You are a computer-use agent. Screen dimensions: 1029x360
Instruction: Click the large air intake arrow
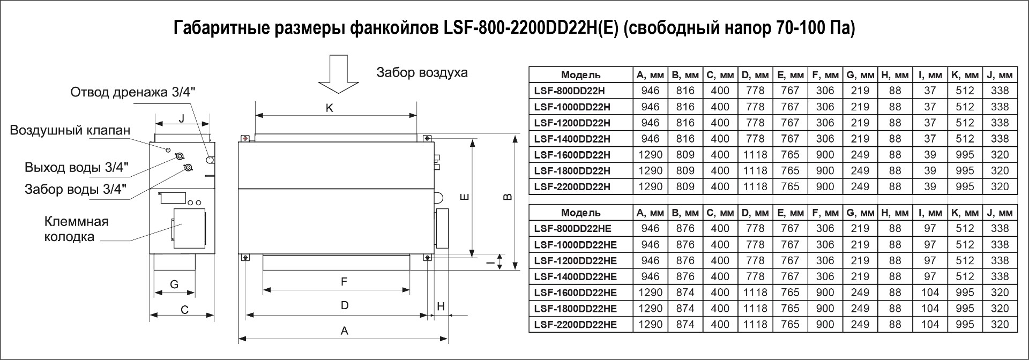tap(338, 74)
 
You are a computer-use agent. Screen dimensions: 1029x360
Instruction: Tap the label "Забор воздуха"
tap(422, 72)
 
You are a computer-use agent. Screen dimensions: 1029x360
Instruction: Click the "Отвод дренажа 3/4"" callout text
tap(133, 92)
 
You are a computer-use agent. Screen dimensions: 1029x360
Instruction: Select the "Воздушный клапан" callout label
tap(70, 131)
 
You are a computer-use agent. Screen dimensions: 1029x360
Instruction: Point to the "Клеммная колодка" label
tap(76, 229)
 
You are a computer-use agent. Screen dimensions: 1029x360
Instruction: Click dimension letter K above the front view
tap(330, 108)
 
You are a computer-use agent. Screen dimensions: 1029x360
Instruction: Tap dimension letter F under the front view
tap(344, 282)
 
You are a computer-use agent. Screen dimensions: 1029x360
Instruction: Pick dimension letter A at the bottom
tap(344, 331)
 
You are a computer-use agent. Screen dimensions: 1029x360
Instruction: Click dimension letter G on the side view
tap(174, 284)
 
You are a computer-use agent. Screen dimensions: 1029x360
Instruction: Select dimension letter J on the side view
tap(182, 118)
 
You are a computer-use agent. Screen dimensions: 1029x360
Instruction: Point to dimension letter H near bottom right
tap(441, 306)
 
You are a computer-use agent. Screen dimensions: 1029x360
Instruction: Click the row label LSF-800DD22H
tap(572, 91)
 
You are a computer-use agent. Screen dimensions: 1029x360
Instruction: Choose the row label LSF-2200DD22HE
tap(576, 325)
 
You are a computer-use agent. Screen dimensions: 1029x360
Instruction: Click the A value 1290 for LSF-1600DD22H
tap(650, 155)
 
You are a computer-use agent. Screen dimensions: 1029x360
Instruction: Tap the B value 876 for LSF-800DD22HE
tap(685, 229)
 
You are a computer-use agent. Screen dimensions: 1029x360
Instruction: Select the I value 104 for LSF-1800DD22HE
tap(930, 309)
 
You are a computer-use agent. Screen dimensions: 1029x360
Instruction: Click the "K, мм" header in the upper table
tap(965, 75)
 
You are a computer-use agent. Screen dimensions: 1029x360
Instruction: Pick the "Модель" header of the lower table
tap(581, 213)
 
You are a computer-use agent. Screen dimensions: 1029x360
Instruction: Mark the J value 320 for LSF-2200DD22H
tap(1000, 187)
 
